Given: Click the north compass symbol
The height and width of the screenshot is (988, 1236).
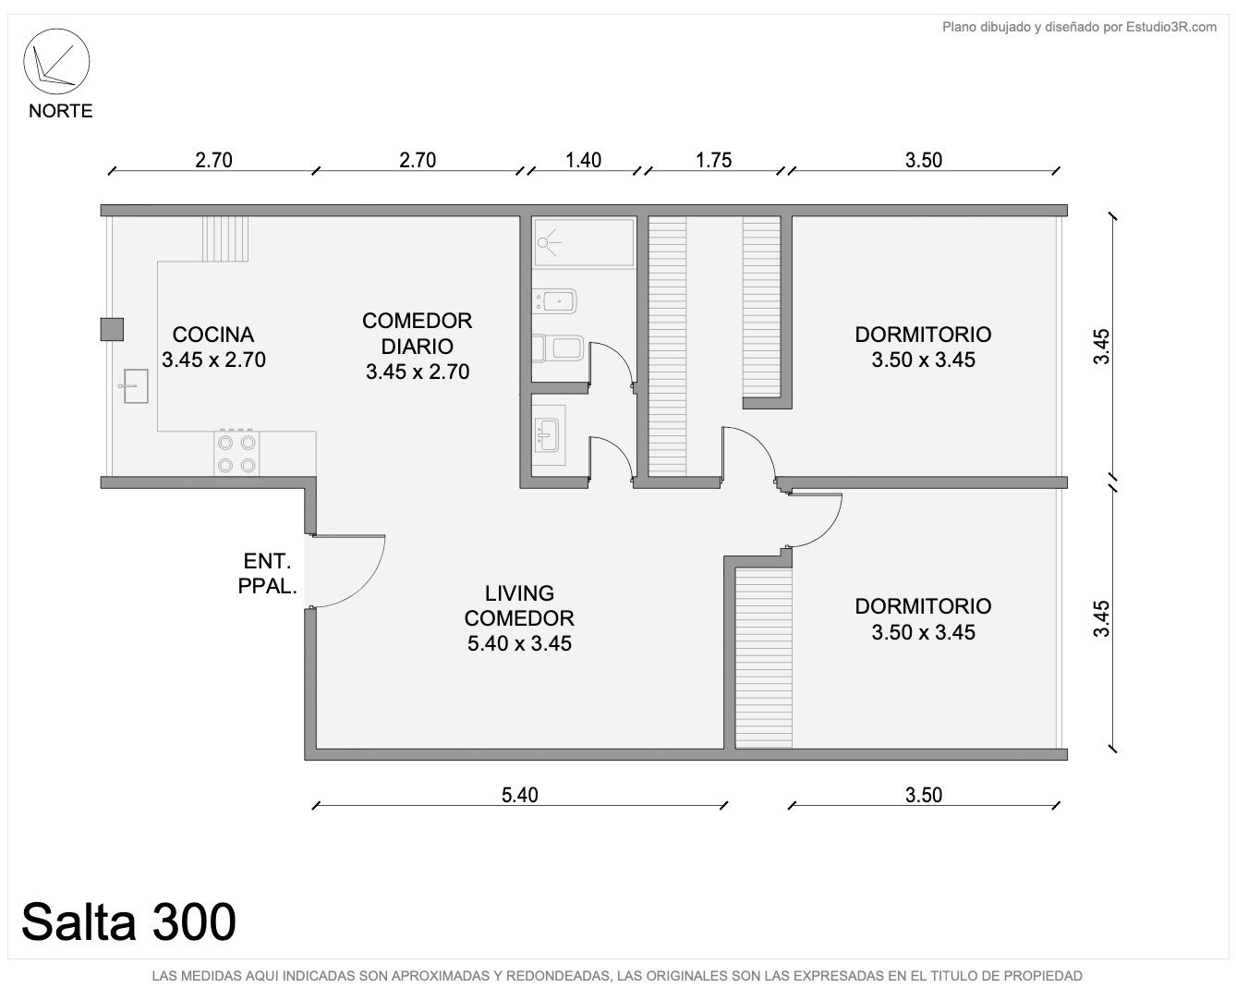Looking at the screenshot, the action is pos(56,62).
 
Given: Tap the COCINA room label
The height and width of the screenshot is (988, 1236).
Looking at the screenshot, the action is pos(213,335).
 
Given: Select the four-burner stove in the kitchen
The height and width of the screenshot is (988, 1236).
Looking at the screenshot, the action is pos(236,454).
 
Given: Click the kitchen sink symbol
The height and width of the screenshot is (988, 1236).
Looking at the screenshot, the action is pos(135,385).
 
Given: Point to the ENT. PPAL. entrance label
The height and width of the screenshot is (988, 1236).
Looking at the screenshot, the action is pos(268,573).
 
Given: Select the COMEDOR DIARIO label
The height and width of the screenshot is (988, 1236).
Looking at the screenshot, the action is pos(417,334).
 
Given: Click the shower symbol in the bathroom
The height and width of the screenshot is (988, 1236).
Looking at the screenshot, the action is pos(550,242).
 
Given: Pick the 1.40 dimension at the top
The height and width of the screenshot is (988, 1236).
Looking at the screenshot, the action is pos(583,160).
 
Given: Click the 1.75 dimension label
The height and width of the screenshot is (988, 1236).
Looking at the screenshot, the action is pos(713,160).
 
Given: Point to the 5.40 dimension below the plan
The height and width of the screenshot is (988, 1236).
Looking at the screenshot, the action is pos(520,795).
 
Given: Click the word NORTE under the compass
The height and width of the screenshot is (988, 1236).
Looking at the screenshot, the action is pos(60,111).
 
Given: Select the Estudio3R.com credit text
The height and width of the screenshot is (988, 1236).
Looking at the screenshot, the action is pos(1079,27).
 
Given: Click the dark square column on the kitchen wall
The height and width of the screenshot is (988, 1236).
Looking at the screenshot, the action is pos(112,329).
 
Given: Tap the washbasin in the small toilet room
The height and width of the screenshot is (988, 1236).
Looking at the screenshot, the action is pos(548,435).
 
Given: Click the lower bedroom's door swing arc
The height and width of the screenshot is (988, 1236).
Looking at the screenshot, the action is pos(831,530).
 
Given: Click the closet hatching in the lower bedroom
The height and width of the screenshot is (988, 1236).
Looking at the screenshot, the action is pos(763,657).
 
